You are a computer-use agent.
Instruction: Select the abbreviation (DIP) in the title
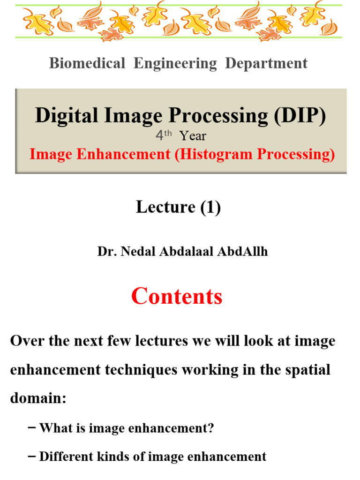click(300, 115)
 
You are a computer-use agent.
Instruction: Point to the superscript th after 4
click(168, 133)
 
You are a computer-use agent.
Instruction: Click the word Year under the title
click(193, 136)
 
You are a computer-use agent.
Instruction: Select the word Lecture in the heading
click(165, 207)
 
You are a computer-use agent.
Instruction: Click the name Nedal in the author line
click(138, 251)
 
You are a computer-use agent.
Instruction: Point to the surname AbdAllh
click(242, 251)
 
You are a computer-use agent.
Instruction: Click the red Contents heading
click(177, 296)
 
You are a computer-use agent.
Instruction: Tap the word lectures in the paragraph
click(156, 341)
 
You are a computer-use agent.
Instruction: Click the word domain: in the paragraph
click(38, 398)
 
